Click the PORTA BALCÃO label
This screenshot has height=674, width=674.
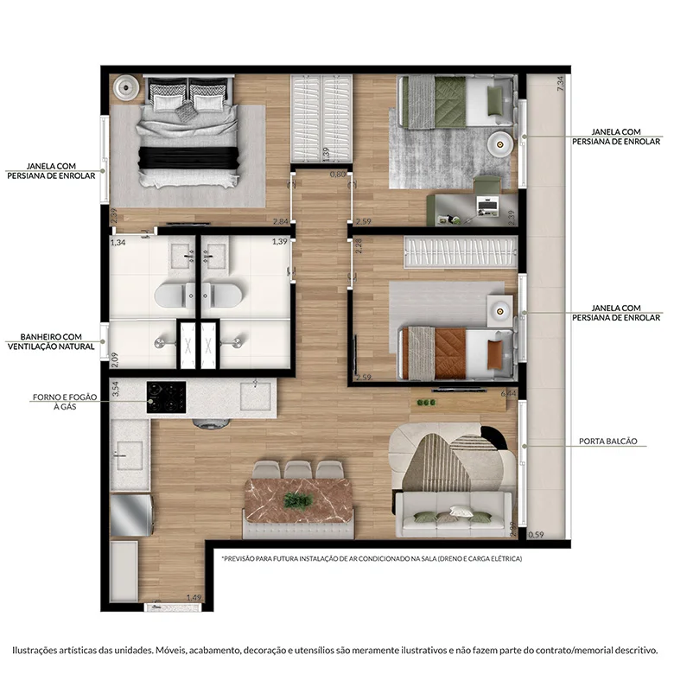[607, 441]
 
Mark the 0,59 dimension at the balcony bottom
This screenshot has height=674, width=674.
[537, 534]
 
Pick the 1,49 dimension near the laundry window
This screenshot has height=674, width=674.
[194, 597]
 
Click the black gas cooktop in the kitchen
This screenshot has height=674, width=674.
[166, 397]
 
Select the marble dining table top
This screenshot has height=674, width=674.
[298, 496]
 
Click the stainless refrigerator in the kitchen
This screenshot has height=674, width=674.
[130, 513]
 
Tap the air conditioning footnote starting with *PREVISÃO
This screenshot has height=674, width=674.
[372, 558]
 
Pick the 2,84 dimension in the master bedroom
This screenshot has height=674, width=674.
[279, 221]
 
